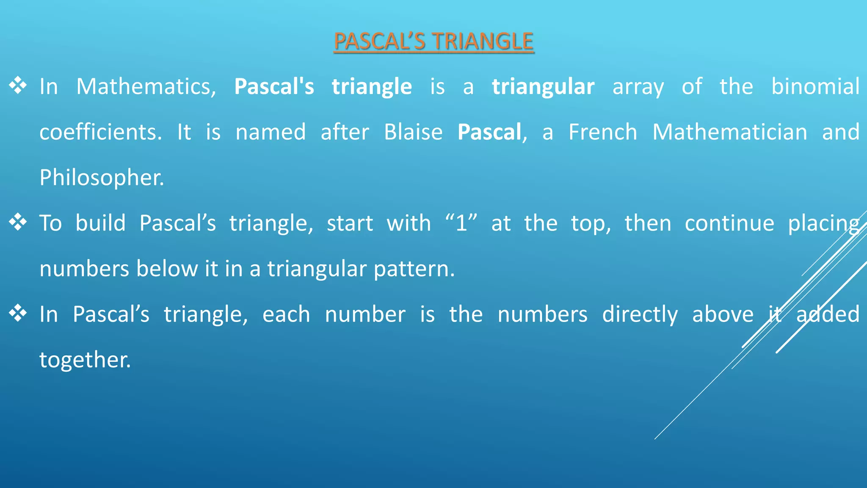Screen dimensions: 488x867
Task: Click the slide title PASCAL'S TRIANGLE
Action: coord(433,42)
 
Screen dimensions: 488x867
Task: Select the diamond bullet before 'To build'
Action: coord(18,222)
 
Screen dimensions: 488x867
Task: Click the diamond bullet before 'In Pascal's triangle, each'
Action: coord(18,313)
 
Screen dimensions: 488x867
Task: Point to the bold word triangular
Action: coord(543,87)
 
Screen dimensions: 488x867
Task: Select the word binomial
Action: coord(815,87)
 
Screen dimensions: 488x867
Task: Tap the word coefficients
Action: coord(100,132)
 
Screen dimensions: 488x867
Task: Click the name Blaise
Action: coord(413,132)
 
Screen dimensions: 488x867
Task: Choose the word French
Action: coord(602,132)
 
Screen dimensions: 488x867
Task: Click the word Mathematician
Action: coord(729,132)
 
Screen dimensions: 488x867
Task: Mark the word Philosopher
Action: coord(101,178)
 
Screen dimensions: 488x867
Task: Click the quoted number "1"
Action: coord(461,223)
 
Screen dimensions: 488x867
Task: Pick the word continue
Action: coord(729,223)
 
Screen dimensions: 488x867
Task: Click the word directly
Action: coord(640,315)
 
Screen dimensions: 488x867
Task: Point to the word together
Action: coord(85,360)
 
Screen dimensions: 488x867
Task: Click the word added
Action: coord(828,314)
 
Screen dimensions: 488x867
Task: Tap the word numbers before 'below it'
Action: coord(84,269)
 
